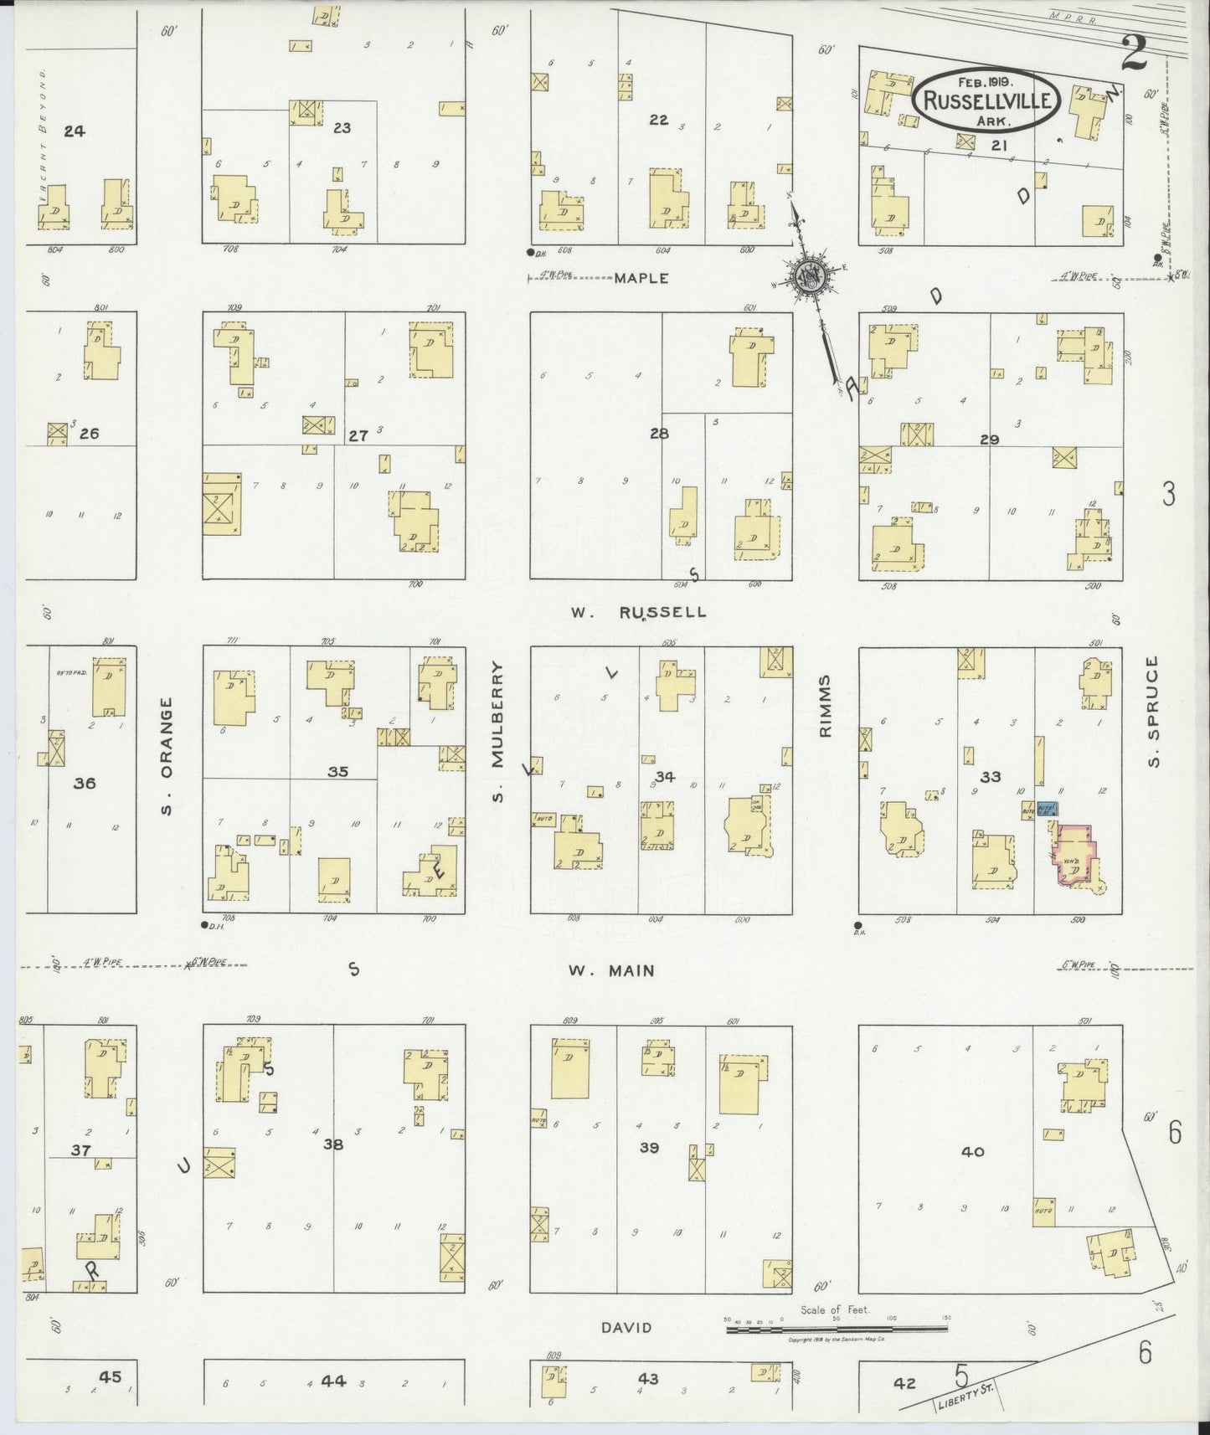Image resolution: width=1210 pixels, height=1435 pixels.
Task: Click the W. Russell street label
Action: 639,612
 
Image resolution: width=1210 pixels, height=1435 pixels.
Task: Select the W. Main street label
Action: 611,971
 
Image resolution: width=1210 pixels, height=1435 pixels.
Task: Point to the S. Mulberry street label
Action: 499,730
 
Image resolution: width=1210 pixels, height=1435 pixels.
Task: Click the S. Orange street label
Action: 167,756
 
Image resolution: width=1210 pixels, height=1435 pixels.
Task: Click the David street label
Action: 626,1327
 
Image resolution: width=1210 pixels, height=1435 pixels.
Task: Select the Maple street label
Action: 641,278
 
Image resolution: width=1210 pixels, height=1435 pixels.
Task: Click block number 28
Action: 659,433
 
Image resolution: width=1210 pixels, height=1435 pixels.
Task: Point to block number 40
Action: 972,1152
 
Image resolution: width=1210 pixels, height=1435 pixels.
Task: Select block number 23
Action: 342,128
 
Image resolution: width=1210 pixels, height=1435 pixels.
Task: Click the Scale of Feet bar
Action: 837,1322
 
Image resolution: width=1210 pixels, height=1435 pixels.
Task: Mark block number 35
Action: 337,771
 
